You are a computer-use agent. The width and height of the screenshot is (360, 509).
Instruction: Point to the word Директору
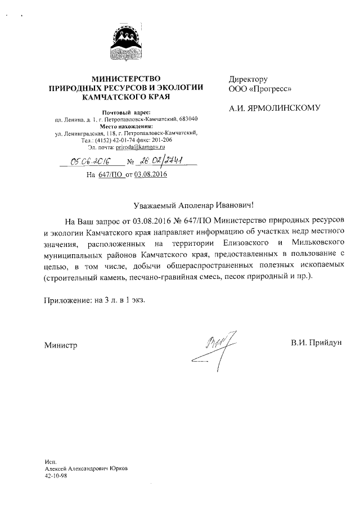247,79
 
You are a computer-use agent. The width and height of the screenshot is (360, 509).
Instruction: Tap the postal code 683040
187,120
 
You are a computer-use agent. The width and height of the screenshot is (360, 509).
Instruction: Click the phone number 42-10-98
56,476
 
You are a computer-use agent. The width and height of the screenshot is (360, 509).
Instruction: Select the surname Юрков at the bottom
115,468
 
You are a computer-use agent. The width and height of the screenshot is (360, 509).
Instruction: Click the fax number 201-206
160,140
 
